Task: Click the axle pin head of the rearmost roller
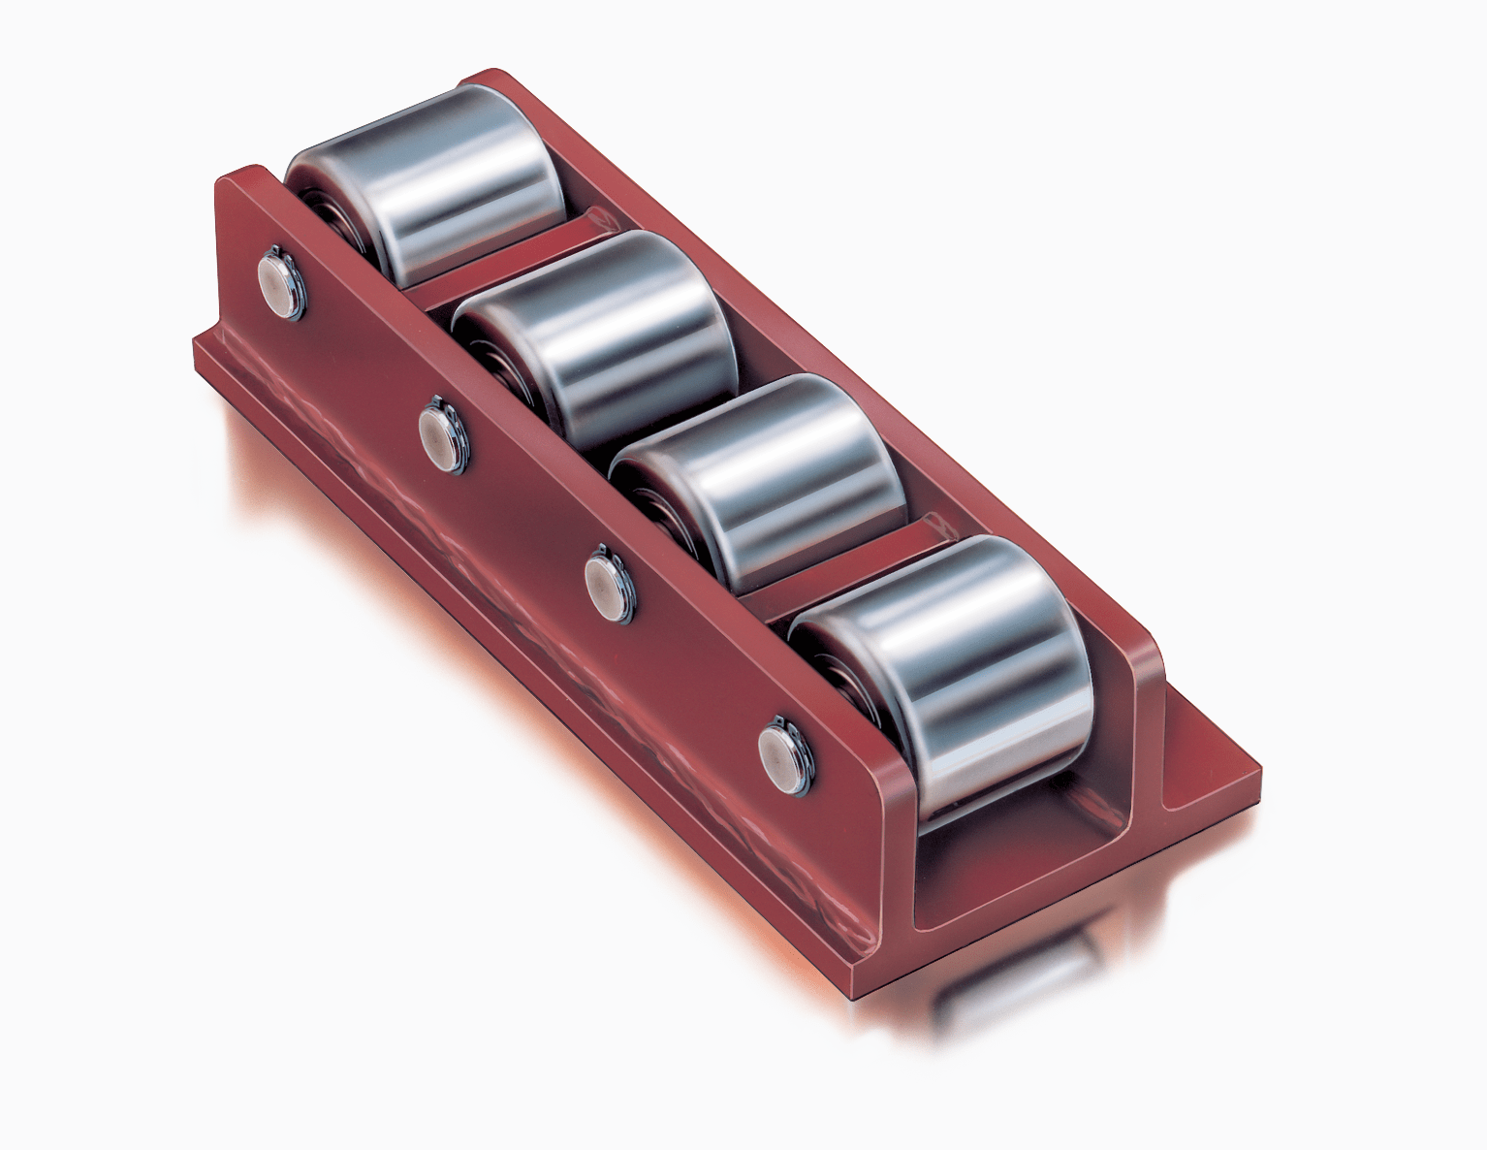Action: (x=281, y=281)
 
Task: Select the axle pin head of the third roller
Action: (x=609, y=587)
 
